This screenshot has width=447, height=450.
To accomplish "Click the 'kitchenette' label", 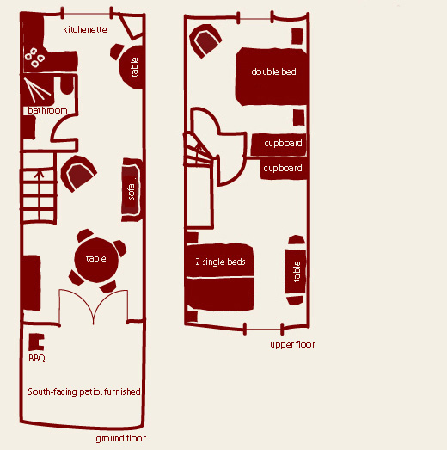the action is (85, 29).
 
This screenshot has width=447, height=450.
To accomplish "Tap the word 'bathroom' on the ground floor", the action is (47, 110).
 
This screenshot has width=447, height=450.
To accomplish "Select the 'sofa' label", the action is (132, 192).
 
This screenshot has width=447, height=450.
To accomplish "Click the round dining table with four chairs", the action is (96, 260).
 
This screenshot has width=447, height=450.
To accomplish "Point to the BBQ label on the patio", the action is (37, 358).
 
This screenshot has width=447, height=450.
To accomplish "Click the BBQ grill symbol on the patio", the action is (36, 342).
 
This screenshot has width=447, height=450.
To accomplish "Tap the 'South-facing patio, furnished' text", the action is (84, 391).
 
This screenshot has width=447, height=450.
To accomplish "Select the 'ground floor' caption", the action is (121, 438).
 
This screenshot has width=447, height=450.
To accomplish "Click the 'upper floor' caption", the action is (293, 344).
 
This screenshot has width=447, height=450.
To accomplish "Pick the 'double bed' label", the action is (273, 71).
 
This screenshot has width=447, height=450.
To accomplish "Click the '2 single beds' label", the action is (220, 262).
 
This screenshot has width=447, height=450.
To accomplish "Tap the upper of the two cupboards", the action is (279, 145).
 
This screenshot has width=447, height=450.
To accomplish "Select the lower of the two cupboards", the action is (284, 168).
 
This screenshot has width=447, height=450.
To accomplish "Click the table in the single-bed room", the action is (296, 272).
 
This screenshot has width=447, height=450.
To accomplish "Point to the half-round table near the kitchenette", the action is (131, 67).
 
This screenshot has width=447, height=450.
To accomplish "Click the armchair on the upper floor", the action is (205, 41).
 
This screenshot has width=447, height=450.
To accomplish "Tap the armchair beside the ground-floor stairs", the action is (78, 174).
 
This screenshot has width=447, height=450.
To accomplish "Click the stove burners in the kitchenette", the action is (34, 58).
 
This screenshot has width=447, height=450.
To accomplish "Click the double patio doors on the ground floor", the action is (94, 307).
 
